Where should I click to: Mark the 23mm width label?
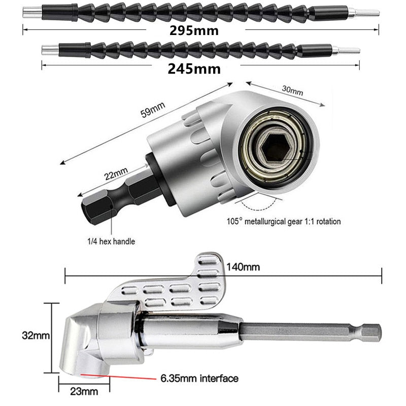click(x=84, y=391)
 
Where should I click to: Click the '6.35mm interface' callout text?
click(x=198, y=378)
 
